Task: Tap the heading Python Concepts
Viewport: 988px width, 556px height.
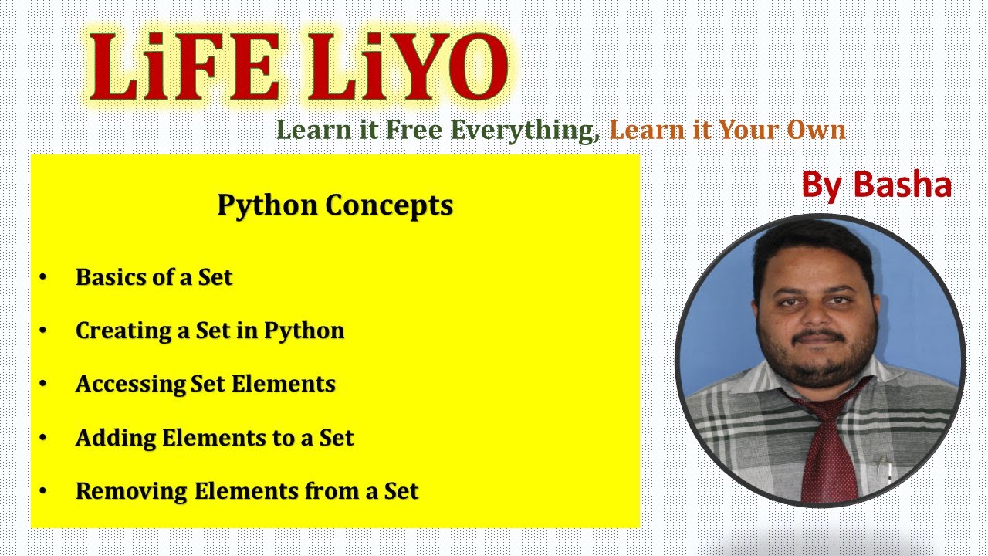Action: [335, 205]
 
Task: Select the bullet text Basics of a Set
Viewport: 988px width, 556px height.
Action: [154, 277]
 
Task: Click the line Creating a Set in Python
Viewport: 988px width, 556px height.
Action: [209, 331]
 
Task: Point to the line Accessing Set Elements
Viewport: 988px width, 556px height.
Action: [205, 384]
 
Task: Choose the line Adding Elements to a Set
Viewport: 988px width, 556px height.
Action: [214, 438]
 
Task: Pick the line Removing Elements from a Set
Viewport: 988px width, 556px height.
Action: [246, 491]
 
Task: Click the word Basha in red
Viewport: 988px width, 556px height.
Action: [902, 185]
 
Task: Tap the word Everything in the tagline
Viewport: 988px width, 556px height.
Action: [525, 130]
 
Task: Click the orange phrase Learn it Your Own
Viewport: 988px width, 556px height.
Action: [727, 130]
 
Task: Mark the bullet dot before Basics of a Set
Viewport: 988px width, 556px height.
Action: [43, 277]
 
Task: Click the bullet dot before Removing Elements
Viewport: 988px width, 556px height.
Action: [43, 491]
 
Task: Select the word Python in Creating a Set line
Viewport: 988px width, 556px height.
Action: [304, 331]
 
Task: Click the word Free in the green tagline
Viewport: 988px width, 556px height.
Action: [415, 130]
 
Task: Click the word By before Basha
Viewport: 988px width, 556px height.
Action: [823, 185]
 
